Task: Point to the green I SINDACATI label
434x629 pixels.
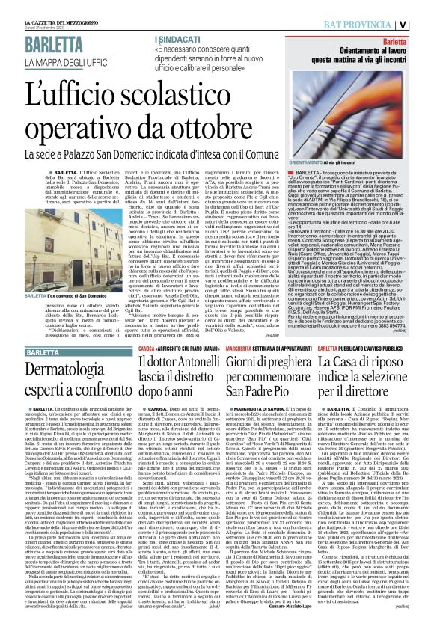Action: click(x=177, y=37)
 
